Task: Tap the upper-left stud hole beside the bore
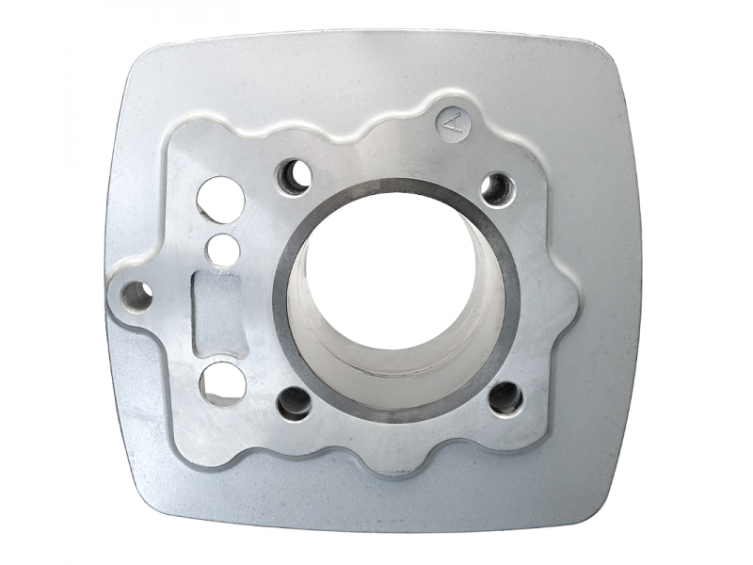294,177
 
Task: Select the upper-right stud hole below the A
498,189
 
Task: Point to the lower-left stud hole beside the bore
294,403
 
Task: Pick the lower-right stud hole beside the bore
505,397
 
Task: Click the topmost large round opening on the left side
221,200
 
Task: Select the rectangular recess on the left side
216,314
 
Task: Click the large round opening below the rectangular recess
222,384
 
